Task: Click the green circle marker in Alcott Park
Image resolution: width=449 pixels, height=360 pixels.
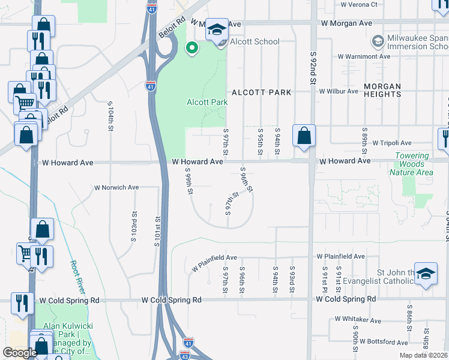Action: [x=192, y=47]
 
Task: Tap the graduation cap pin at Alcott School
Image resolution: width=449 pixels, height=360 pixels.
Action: [x=217, y=31]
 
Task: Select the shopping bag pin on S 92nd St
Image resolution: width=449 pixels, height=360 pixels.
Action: [x=304, y=136]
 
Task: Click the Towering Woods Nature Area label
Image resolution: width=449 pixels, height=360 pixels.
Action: [x=412, y=164]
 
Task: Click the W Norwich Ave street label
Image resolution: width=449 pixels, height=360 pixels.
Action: [x=116, y=187]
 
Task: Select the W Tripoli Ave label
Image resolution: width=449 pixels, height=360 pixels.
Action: [x=392, y=143]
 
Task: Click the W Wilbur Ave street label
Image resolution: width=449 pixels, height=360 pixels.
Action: [x=339, y=92]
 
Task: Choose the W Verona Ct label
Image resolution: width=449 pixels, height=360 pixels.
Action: [x=359, y=4]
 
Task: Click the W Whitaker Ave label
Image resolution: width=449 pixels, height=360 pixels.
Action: [x=358, y=320]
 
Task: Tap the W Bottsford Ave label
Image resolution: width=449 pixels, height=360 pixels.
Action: [x=378, y=342]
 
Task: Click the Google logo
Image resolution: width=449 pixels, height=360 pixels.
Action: [x=20, y=353]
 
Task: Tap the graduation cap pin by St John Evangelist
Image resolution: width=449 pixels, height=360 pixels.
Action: [x=426, y=276]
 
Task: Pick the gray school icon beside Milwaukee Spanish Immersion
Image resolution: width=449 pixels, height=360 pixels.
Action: [x=378, y=41]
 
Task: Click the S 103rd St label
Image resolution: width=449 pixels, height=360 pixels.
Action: [x=134, y=221]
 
